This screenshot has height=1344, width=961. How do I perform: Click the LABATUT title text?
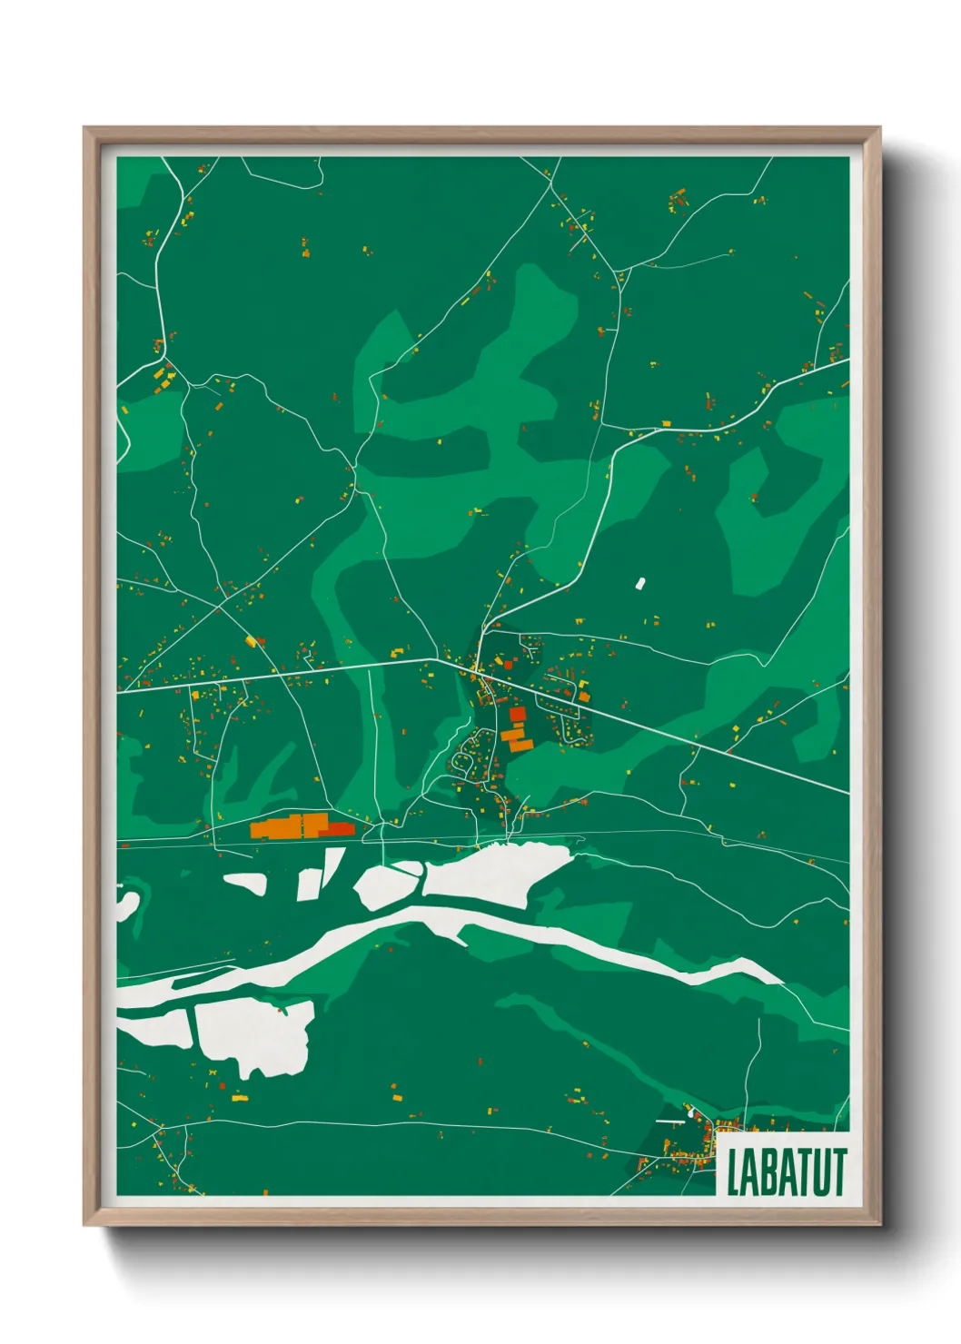click(786, 1172)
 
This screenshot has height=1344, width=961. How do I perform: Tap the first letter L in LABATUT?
click(733, 1172)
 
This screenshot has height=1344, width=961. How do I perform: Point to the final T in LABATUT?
click(838, 1172)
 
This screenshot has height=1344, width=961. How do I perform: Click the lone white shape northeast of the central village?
click(639, 582)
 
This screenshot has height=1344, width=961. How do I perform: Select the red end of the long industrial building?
click(341, 829)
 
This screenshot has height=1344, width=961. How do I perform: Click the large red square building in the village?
click(517, 715)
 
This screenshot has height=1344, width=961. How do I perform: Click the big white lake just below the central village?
click(495, 872)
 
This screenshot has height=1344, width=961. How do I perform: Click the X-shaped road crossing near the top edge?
click(550, 186)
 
